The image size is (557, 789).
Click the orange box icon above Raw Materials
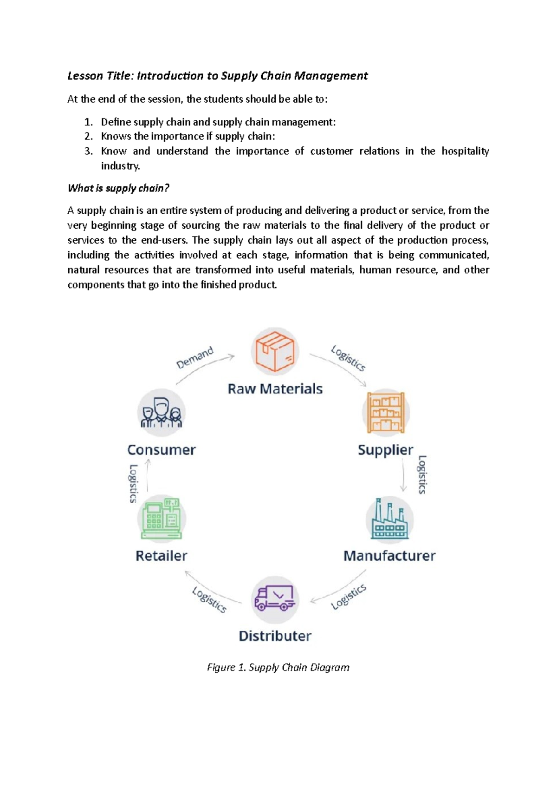275,351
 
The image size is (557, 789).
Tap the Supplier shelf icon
385,412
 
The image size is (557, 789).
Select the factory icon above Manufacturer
389,519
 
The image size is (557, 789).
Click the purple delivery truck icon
275,599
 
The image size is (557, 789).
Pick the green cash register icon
162,519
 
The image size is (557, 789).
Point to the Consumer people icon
162,413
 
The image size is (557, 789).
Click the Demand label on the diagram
195,357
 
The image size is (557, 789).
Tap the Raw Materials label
275,389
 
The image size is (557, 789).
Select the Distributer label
275,636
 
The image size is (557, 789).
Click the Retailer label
162,556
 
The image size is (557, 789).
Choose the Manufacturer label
389,556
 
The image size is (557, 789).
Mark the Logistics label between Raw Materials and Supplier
348,358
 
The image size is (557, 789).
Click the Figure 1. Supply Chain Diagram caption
278,668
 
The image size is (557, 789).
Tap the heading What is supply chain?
118,188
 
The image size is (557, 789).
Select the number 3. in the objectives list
89,151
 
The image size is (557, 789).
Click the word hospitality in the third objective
465,151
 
